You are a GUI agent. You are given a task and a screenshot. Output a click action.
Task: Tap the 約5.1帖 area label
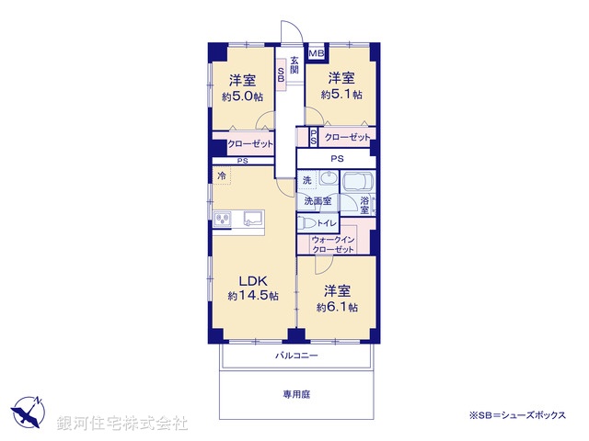(341, 94)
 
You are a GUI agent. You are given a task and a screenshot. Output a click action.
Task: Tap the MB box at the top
(316, 53)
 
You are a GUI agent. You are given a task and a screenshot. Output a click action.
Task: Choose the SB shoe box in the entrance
(281, 73)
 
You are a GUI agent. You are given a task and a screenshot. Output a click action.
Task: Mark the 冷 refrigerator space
(222, 175)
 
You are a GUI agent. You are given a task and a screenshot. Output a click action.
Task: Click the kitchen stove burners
(223, 218)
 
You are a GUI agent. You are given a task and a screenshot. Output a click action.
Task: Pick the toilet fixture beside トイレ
(305, 223)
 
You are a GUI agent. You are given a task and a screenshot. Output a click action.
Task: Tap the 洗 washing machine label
(306, 180)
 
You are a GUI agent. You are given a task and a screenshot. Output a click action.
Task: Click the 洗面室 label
(317, 199)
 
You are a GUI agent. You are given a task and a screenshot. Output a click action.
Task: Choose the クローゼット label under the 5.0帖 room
(250, 144)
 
